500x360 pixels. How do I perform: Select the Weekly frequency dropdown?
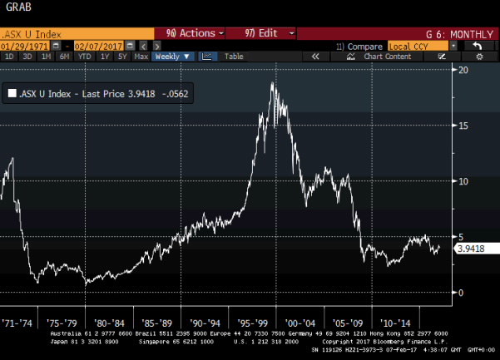click(174, 57)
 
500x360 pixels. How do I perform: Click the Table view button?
click(234, 57)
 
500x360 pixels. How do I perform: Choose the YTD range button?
click(83, 57)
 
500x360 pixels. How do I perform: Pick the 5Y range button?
click(121, 57)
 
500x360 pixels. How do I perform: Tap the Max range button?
click(141, 57)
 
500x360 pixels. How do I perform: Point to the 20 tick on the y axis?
click(463, 70)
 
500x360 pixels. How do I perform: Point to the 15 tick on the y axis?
click(463, 126)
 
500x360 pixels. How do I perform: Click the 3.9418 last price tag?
click(470, 247)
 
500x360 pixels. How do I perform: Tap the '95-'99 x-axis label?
click(263, 321)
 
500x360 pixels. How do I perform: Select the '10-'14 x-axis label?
click(395, 321)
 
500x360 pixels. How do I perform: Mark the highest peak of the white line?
click(274, 83)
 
